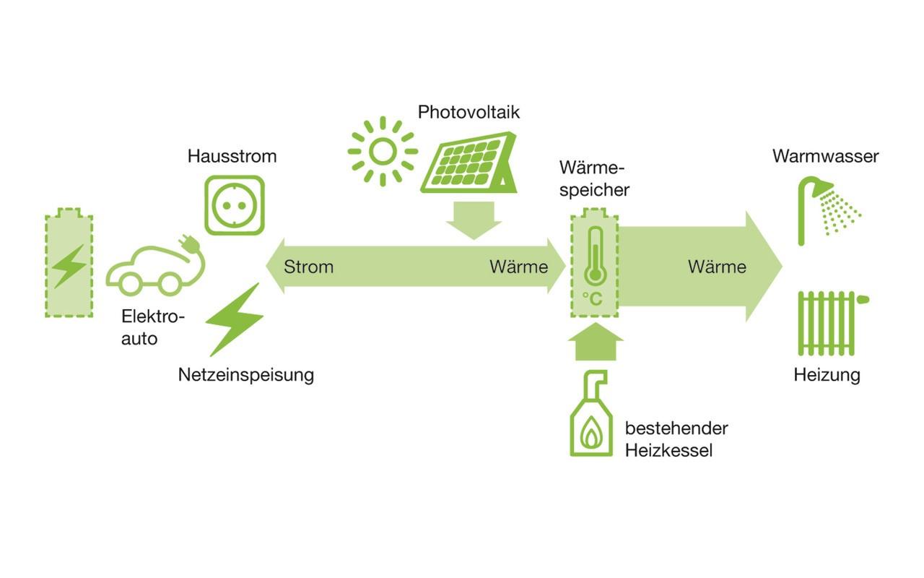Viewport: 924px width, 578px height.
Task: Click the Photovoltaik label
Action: click(x=468, y=113)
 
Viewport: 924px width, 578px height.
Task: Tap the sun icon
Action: click(x=382, y=151)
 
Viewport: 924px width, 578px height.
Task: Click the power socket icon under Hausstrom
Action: click(x=235, y=205)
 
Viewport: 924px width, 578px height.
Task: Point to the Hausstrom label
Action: click(x=232, y=156)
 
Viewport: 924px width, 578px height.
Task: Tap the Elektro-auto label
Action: click(x=152, y=327)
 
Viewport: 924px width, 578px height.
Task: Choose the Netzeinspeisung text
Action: click(x=245, y=375)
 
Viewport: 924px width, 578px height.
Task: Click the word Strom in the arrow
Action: click(x=308, y=267)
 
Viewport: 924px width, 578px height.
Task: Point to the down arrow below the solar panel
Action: click(x=474, y=220)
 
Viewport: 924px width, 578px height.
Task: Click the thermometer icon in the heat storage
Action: click(x=594, y=257)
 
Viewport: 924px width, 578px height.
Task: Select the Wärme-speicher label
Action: click(x=594, y=179)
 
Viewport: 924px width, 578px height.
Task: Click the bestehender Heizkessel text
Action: click(x=676, y=439)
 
